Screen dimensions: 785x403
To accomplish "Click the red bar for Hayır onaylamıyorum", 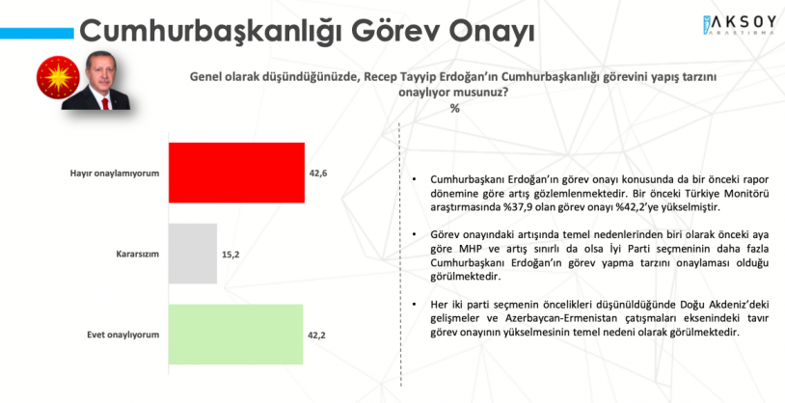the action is (x=236, y=173).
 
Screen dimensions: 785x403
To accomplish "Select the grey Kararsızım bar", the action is (x=193, y=254).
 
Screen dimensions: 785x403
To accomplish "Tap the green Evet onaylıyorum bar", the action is (x=236, y=334).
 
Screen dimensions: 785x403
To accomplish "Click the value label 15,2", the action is (x=231, y=255).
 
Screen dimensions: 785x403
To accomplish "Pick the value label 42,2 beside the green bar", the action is (x=317, y=335).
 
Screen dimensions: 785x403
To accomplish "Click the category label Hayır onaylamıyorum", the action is (x=115, y=174).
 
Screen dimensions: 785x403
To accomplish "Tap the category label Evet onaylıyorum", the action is (x=122, y=335).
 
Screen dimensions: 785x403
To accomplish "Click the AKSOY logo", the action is (x=739, y=25).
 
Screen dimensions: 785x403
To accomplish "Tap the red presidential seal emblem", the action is (x=58, y=77).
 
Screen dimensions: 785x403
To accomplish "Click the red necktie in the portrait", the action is (x=104, y=102).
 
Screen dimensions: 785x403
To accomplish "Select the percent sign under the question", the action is (x=454, y=108).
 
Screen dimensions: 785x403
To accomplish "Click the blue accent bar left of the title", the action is (x=37, y=33).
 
